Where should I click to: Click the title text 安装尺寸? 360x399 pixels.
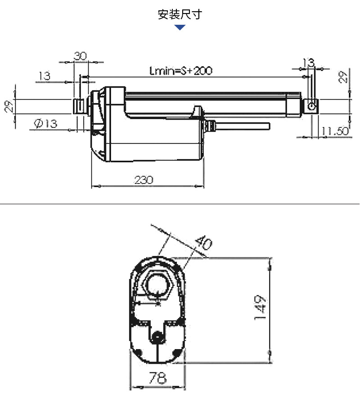[180, 15]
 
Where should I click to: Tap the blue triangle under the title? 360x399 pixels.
[180, 28]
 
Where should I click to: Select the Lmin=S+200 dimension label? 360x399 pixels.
[180, 71]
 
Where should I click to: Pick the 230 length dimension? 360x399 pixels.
[144, 180]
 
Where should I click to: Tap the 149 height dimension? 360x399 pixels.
[260, 308]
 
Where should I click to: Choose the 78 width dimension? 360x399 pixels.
[157, 377]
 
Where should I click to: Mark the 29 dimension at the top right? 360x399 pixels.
[343, 77]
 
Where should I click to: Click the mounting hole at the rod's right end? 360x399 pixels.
[311, 106]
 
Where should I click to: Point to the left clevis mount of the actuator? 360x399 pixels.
[79, 107]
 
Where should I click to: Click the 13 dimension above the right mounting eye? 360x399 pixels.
[308, 63]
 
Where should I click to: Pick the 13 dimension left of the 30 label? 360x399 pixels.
[45, 76]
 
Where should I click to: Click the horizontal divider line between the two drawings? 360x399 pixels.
[180, 203]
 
